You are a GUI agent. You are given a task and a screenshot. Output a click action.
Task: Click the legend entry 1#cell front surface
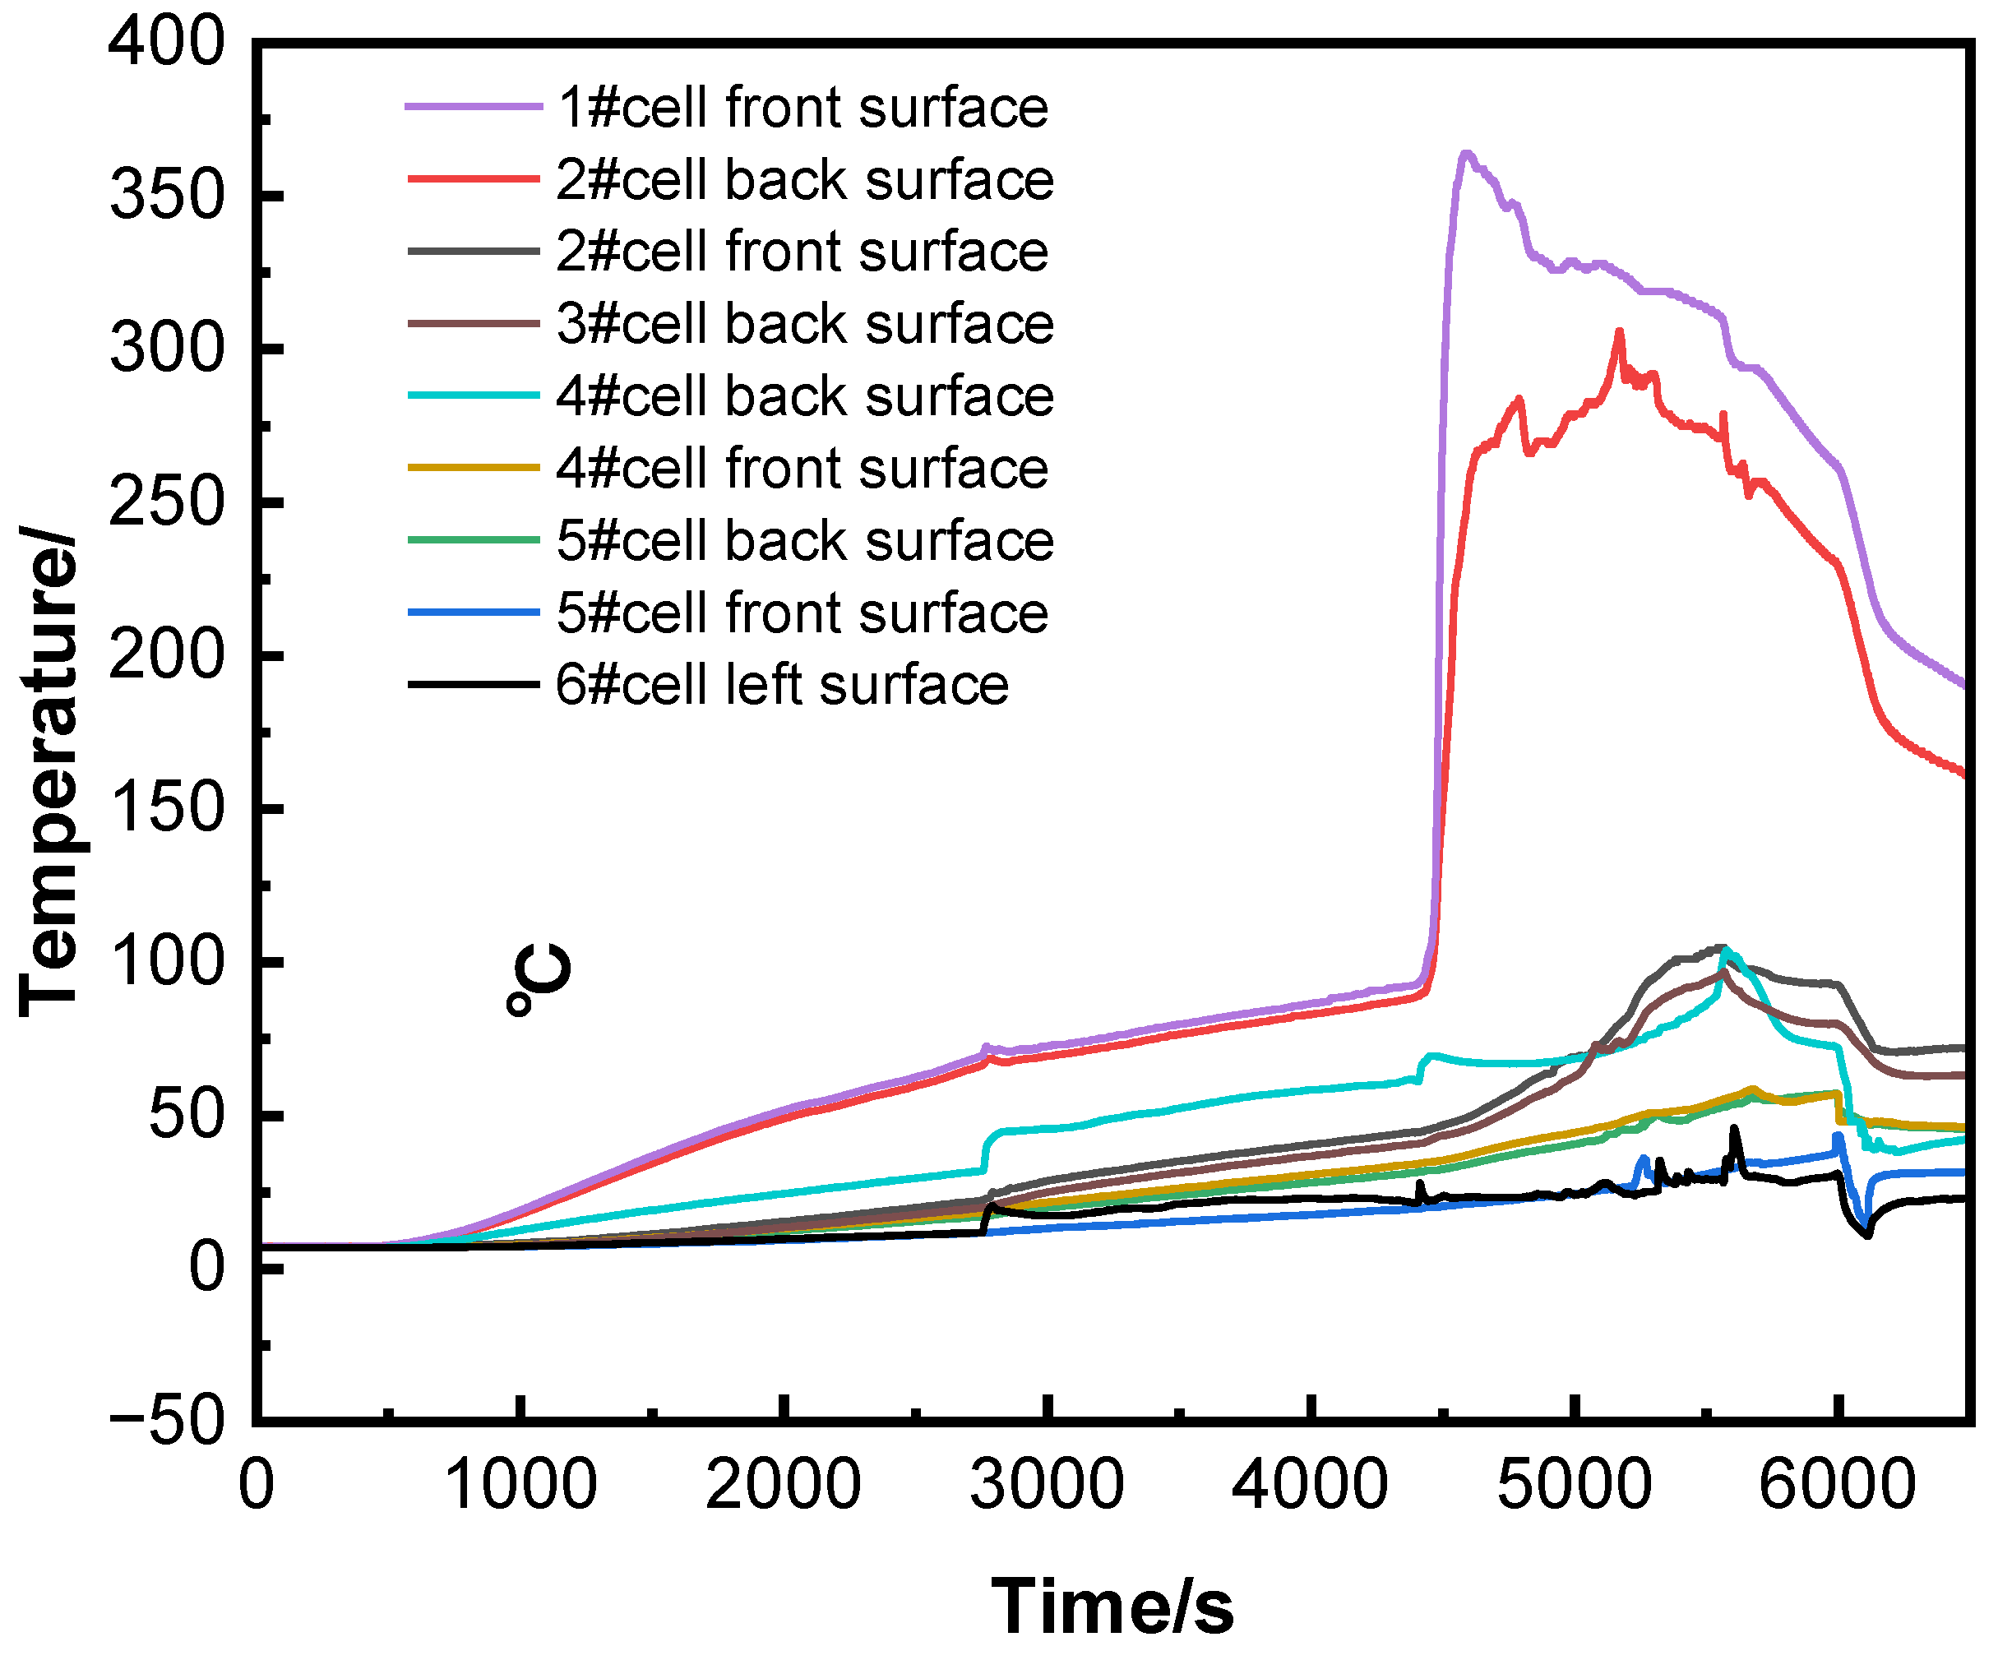click(x=802, y=107)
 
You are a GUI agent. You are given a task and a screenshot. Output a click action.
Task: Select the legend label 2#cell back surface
click(x=804, y=179)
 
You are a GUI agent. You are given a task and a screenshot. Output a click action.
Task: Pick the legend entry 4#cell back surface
click(x=804, y=395)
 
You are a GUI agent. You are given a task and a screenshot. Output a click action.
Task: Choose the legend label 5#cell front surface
click(x=802, y=612)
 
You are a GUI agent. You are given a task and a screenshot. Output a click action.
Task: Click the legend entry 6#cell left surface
click(x=782, y=684)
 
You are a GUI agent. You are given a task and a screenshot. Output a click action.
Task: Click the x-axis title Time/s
click(x=1112, y=1607)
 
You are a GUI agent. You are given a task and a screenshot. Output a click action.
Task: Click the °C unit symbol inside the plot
click(x=539, y=981)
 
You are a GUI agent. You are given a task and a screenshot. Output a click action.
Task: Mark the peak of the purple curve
click(x=1466, y=153)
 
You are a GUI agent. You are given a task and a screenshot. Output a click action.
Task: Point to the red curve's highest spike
click(x=1619, y=331)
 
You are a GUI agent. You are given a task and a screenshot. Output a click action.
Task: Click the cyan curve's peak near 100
click(x=1724, y=951)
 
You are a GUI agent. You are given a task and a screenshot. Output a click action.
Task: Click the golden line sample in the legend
click(x=474, y=467)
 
